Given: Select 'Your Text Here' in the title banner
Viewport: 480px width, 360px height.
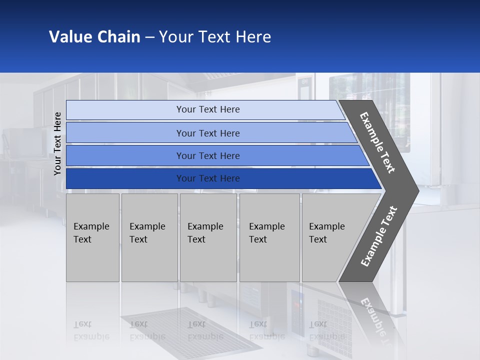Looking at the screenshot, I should pyautogui.click(x=215, y=37).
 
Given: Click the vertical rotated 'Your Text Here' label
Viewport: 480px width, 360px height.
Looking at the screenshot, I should pyautogui.click(x=57, y=143).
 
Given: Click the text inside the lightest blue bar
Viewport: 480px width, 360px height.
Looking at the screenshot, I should pyautogui.click(x=208, y=109).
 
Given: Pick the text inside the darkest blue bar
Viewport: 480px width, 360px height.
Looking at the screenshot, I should pyautogui.click(x=208, y=178).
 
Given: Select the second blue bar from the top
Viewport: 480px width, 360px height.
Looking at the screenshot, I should pyautogui.click(x=208, y=133).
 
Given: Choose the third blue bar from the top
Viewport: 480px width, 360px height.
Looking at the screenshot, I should pyautogui.click(x=208, y=156).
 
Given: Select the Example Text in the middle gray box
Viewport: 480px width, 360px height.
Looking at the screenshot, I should pyautogui.click(x=205, y=233).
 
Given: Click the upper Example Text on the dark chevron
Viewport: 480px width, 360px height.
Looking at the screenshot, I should pyautogui.click(x=377, y=142).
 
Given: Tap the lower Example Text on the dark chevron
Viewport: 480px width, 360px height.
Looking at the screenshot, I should pyautogui.click(x=379, y=236).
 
